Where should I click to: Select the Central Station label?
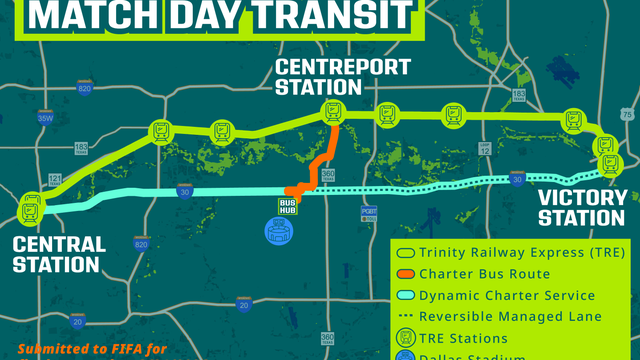click(59, 254)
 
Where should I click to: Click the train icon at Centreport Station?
click(332, 113)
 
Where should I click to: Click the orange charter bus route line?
click(322, 159)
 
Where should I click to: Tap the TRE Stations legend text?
click(466, 338)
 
